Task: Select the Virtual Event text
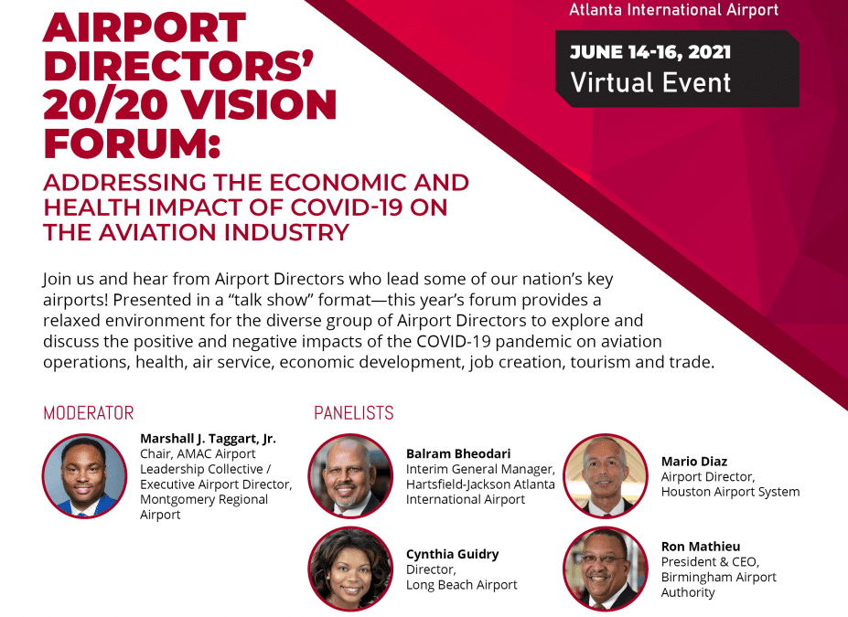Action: (x=650, y=82)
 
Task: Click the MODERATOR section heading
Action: (x=89, y=413)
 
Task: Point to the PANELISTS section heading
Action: (x=354, y=413)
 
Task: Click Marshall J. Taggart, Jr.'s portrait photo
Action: (x=84, y=476)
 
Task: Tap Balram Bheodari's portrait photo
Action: (x=350, y=476)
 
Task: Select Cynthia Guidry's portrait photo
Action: (x=350, y=569)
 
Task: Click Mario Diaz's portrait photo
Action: (x=605, y=476)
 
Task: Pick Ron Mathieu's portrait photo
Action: (x=605, y=569)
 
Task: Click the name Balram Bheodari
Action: (x=458, y=453)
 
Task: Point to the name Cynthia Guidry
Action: (x=453, y=553)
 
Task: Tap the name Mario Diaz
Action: (x=694, y=461)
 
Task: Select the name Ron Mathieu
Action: (x=699, y=547)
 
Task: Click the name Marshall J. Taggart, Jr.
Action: (x=208, y=438)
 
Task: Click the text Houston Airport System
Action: (x=730, y=492)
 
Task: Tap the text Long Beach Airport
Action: (x=462, y=584)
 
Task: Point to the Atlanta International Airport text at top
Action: (x=674, y=10)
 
